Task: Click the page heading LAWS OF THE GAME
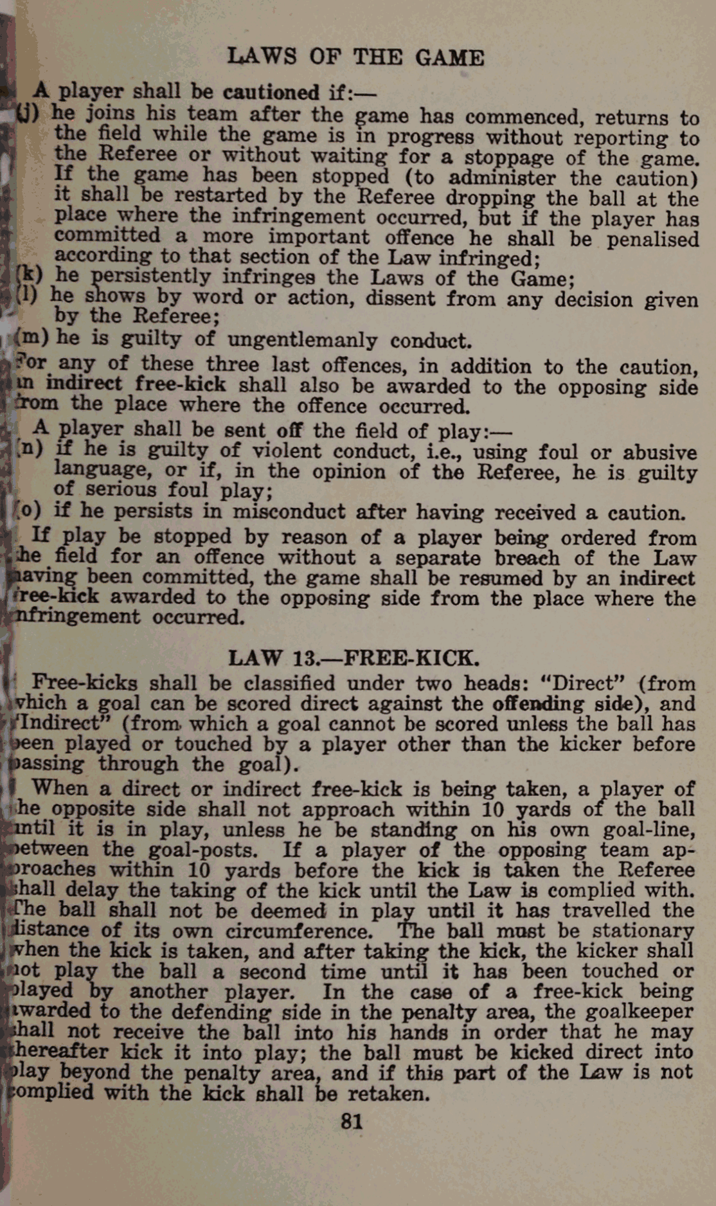click(355, 58)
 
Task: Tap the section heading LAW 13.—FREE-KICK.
click(354, 658)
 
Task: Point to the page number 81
click(352, 1122)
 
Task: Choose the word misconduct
click(289, 512)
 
